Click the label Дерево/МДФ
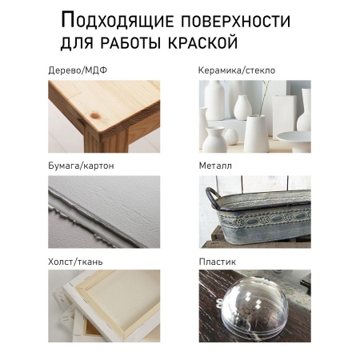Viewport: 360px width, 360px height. point(78,70)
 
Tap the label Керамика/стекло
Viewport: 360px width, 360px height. point(236,70)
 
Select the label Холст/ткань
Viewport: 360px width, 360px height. point(75,261)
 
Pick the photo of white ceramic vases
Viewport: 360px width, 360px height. point(254,115)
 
